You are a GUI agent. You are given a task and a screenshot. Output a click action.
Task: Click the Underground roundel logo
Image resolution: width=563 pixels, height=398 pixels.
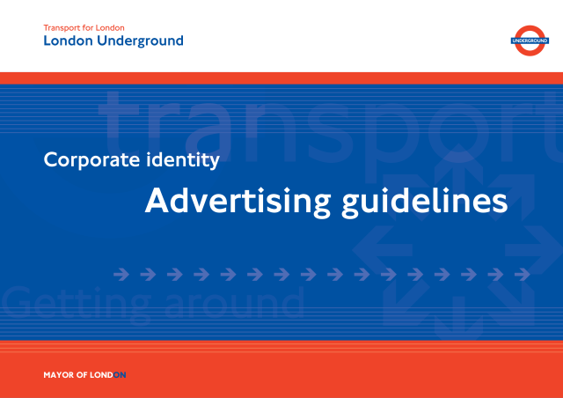click(530, 41)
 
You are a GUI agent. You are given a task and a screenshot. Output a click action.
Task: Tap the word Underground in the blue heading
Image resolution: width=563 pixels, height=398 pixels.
click(140, 41)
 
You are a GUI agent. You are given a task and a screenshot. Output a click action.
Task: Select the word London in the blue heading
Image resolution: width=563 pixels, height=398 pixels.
click(69, 41)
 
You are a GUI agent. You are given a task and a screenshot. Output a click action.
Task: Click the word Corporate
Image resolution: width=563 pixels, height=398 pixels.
click(91, 160)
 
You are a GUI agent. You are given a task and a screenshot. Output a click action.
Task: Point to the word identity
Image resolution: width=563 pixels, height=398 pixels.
click(183, 160)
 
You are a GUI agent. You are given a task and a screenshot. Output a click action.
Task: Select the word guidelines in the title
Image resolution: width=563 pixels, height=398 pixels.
click(424, 202)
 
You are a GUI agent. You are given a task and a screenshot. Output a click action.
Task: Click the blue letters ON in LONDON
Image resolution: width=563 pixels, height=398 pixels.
click(120, 375)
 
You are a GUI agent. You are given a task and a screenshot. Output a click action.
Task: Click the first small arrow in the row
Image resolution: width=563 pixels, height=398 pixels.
click(121, 275)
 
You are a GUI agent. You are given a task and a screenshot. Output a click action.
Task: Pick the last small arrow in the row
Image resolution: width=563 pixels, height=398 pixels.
click(522, 275)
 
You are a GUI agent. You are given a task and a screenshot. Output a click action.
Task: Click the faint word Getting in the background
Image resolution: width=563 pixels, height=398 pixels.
click(77, 305)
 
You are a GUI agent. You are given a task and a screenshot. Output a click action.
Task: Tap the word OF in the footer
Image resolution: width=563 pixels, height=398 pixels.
click(82, 375)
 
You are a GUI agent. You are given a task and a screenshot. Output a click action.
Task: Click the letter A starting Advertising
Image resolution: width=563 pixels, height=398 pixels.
click(157, 201)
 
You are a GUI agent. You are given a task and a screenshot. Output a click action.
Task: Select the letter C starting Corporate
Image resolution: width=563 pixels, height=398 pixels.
click(51, 160)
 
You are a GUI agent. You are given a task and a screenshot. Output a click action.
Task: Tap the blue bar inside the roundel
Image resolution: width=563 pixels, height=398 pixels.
click(530, 41)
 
